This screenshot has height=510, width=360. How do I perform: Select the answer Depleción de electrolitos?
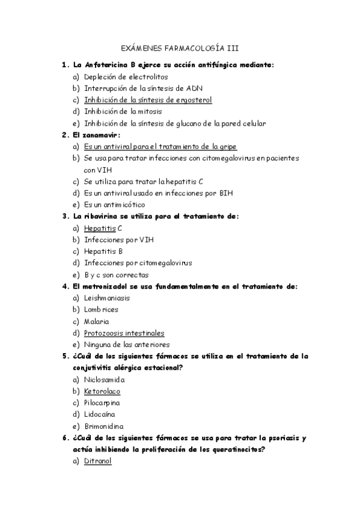[x=126, y=76]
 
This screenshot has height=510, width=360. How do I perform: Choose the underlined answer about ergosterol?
[x=148, y=100]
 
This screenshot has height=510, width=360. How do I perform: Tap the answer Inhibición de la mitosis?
[x=123, y=111]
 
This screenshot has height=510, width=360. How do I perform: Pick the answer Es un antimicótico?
[x=114, y=204]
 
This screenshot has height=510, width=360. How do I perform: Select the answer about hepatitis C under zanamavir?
[x=144, y=181]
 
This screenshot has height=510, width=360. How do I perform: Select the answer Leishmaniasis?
[x=107, y=298]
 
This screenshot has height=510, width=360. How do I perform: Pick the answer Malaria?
[x=96, y=321]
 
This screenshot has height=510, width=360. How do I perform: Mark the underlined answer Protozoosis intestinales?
[x=124, y=333]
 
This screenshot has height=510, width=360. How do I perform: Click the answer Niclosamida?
[x=105, y=379]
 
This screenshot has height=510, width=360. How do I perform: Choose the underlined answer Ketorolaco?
[x=103, y=391]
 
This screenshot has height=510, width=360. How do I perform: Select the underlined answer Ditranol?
[x=97, y=461]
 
